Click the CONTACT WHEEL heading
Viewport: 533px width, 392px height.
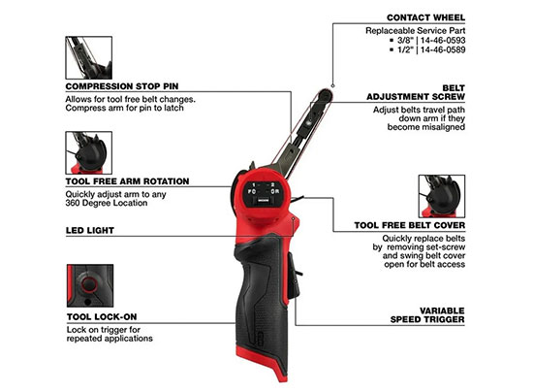425,17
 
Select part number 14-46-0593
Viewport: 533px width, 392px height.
443,40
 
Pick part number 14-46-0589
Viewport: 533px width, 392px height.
443,49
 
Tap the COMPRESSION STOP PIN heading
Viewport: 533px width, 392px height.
122,86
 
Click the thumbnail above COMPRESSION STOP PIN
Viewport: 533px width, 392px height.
89,58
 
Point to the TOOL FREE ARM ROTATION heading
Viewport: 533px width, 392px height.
127,181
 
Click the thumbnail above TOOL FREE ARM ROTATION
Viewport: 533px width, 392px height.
89,152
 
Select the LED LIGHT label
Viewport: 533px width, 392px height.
90,230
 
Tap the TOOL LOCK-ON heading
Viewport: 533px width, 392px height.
102,316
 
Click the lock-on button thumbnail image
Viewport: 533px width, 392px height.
90,285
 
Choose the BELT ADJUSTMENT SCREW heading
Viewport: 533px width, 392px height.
416,92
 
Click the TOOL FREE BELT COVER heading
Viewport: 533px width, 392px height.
410,225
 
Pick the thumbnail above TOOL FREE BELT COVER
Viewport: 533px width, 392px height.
442,196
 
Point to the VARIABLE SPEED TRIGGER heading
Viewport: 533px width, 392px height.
427,315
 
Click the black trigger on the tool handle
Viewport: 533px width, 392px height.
294,276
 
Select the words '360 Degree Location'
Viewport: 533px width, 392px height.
107,203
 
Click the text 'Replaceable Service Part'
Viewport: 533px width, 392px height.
416,31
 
